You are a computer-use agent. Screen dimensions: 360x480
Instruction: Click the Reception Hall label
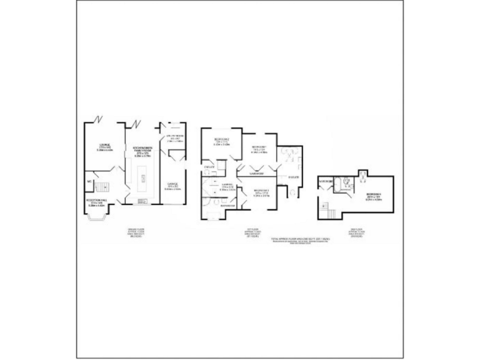click(96, 202)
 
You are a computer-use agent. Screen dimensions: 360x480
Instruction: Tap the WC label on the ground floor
click(90, 182)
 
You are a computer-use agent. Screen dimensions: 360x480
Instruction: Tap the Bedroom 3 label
click(261, 194)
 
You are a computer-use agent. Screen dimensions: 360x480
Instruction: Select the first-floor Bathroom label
click(227, 205)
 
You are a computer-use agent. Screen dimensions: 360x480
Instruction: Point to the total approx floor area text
click(299, 239)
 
